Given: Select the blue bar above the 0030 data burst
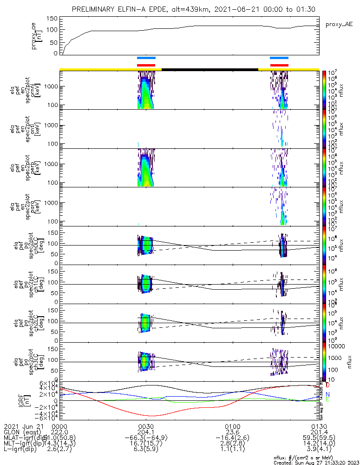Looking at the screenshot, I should click(x=146, y=58).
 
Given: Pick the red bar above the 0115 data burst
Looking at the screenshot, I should click(x=279, y=65).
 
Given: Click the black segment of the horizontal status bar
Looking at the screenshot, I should click(x=209, y=69).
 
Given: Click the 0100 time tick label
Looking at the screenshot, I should click(x=232, y=426).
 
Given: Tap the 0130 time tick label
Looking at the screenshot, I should click(x=319, y=426).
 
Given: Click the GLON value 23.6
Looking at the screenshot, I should click(x=232, y=432).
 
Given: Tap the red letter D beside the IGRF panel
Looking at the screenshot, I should click(x=328, y=385).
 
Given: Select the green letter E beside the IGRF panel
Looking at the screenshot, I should click(x=327, y=399).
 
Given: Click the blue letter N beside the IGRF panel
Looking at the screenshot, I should click(x=327, y=394).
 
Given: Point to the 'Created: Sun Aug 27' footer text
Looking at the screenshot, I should click(x=315, y=462).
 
